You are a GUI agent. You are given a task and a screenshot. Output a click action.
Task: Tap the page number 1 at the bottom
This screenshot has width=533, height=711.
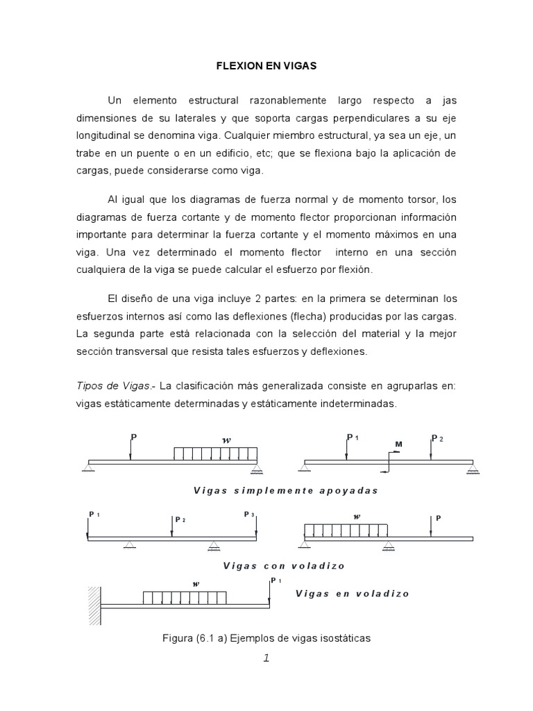[266, 659]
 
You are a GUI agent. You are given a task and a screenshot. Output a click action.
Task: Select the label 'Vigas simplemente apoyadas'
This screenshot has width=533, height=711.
[285, 490]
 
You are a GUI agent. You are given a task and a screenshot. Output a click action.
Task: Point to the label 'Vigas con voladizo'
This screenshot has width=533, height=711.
[285, 565]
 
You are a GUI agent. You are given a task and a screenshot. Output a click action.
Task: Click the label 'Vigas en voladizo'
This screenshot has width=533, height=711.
[352, 593]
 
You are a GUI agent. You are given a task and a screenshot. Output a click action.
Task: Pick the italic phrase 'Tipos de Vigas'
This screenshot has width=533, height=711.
[103, 385]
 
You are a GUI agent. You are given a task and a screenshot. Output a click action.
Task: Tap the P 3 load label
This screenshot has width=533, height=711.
[249, 515]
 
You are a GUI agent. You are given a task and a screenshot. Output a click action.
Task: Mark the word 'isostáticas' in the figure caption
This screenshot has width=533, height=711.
[343, 638]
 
